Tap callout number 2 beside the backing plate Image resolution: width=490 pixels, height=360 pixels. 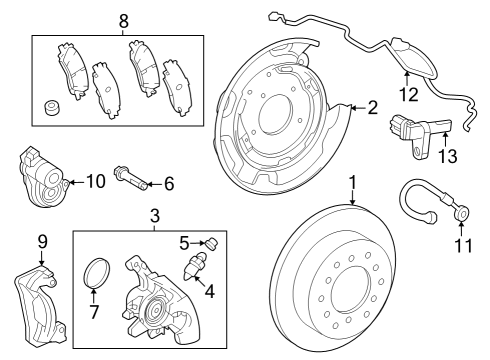tap(371, 108)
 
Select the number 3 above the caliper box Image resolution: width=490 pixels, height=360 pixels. tap(155, 216)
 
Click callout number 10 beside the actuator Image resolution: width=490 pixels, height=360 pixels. tap(95, 181)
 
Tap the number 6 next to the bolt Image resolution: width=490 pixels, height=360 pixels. tap(169, 183)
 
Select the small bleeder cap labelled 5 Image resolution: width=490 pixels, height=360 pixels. tap(213, 242)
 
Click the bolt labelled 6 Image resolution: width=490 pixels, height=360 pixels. tap(133, 177)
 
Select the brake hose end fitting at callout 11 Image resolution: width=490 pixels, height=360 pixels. tap(462, 212)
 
